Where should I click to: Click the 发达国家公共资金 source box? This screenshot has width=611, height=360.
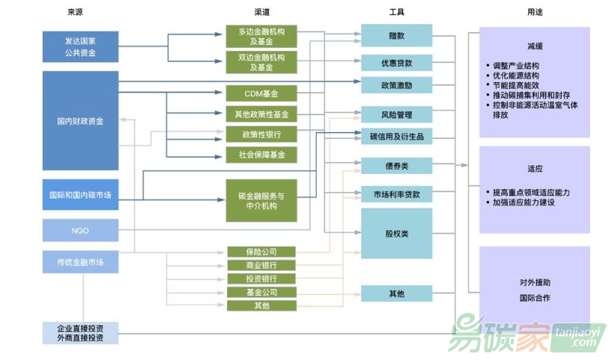pos(81,46)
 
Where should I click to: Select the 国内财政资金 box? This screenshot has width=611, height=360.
pos(81,121)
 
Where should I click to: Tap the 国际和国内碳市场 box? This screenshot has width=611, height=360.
pos(81,195)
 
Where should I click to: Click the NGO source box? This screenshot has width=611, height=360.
pos(81,231)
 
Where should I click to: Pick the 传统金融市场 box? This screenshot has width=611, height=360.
pos(81,262)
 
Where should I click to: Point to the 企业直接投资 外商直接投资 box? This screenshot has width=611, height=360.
pos(81,333)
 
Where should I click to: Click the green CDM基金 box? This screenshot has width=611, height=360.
pos(261,93)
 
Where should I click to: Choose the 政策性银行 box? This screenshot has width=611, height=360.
pos(261,135)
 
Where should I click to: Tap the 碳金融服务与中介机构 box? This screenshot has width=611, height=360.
pos(261,200)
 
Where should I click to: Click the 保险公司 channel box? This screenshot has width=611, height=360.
pos(261,252)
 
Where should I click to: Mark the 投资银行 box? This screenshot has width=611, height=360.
pos(261,279)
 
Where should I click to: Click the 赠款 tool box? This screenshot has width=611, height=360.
pos(397,35)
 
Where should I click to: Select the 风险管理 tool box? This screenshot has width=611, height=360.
pos(397,115)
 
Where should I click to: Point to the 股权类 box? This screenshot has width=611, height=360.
pos(397,234)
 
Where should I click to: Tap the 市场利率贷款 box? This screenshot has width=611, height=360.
pos(397,194)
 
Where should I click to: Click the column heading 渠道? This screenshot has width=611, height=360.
pos(261,12)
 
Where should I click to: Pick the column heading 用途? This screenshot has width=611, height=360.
pos(535,12)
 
